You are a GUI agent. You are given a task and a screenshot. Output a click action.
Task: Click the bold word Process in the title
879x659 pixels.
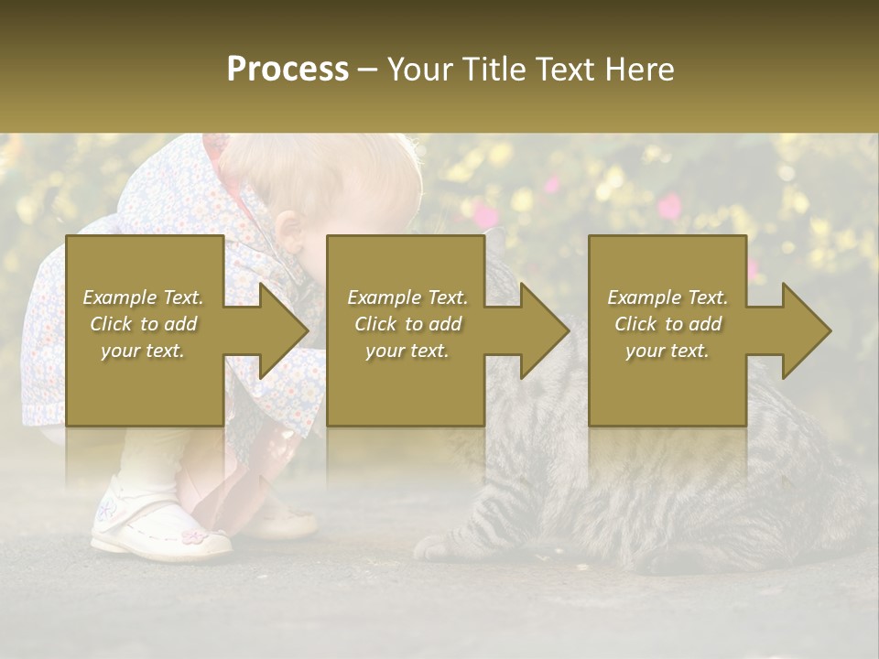[288, 70]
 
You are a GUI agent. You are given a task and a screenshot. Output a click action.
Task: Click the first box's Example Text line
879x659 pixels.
[143, 297]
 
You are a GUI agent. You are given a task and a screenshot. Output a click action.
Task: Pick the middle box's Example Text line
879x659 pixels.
[407, 297]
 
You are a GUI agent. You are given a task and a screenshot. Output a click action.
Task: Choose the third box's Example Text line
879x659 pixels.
[667, 297]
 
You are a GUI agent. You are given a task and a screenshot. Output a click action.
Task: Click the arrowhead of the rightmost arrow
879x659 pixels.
[807, 330]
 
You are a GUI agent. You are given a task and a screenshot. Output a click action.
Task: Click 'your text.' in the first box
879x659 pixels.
[143, 351]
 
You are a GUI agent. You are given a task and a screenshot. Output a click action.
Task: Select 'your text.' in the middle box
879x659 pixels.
[407, 351]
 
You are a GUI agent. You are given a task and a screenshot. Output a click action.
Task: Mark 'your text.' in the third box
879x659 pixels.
[667, 351]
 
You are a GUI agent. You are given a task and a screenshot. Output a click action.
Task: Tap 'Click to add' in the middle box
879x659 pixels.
[407, 324]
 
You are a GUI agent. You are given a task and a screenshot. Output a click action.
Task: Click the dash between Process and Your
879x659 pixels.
[368, 70]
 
